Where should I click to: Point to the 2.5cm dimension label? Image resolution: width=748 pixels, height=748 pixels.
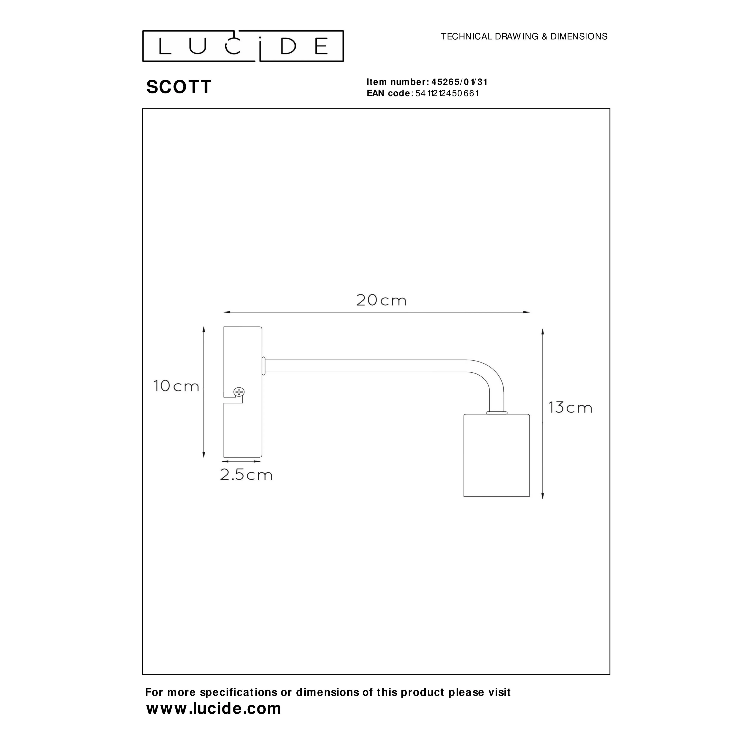pyautogui.click(x=246, y=475)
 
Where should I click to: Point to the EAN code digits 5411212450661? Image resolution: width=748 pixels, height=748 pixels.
pyautogui.click(x=447, y=93)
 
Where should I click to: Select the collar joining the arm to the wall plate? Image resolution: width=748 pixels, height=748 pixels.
pyautogui.click(x=264, y=366)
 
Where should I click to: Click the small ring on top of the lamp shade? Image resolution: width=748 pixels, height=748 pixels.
pyautogui.click(x=496, y=413)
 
